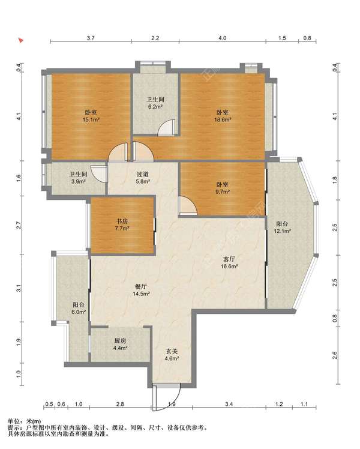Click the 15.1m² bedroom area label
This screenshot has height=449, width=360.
coord(91,116)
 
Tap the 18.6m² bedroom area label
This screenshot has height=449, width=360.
coord(223,116)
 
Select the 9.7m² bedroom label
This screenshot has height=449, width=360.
coord(223,188)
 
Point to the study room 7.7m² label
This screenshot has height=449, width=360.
coord(122,224)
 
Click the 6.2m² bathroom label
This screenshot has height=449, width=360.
coord(155,103)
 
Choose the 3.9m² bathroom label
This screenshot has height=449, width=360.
coord(79,178)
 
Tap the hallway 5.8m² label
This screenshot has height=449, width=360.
coord(143,178)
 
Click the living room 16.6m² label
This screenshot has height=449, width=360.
coord(229,262)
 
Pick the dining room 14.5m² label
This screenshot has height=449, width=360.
coord(141,290)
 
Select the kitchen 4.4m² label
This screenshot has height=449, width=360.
coord(120,345)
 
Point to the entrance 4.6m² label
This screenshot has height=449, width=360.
coord(172,355)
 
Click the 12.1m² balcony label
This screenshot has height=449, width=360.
coord(283,228)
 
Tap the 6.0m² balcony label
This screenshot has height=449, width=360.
coord(79,309)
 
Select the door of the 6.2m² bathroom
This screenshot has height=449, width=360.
coord(167,127)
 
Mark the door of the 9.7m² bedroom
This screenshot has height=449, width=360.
coord(188,205)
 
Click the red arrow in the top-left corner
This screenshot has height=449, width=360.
coord(20,40)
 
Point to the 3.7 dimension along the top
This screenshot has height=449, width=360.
coord(91,38)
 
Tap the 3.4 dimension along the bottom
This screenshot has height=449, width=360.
coord(229,404)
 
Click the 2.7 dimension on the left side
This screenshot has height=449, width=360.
coord(19,225)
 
